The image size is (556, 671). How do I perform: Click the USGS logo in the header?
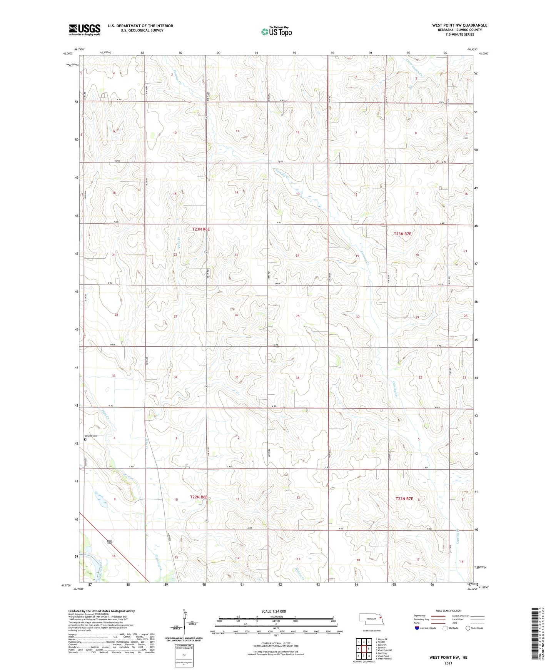(85, 29)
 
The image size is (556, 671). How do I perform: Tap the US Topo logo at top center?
(276, 32)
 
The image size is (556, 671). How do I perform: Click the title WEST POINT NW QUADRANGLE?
(459, 25)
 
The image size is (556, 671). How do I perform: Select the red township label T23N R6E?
(201, 229)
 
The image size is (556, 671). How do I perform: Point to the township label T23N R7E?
(403, 234)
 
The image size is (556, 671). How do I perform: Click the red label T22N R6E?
(199, 497)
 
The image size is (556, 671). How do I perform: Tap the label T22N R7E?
(404, 499)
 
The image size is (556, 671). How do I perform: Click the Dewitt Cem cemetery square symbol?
(85, 440)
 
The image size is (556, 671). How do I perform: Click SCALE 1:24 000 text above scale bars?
(268, 611)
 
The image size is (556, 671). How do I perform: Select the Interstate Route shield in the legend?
(418, 628)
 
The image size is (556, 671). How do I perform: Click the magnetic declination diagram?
(185, 621)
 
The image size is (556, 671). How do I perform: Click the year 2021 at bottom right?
(448, 663)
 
